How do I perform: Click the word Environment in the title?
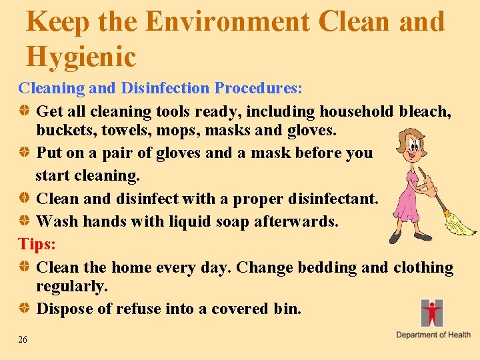pos(227,21)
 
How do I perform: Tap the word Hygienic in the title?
pos(81,57)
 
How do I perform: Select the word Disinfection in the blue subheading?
pos(155,88)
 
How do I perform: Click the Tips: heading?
pos(37,244)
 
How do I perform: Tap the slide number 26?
pos(23,340)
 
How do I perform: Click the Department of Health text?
pos(433,335)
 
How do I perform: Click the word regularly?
pos(72,287)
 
